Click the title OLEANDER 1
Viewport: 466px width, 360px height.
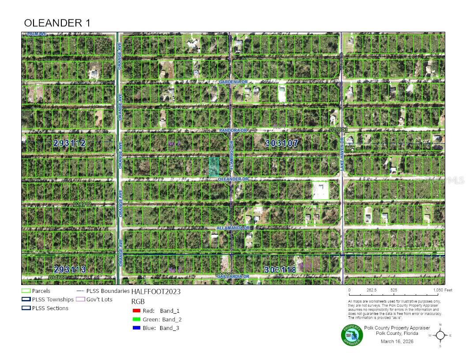pyautogui.click(x=57, y=23)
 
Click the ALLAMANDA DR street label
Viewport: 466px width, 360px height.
pyautogui.click(x=233, y=228)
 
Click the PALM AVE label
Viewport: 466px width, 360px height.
pyautogui.click(x=37, y=34)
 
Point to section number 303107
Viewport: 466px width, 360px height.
pyautogui.click(x=282, y=143)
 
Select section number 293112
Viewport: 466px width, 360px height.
pyautogui.click(x=69, y=143)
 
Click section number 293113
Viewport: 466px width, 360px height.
pyautogui.click(x=69, y=269)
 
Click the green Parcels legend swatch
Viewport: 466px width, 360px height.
pyautogui.click(x=26, y=291)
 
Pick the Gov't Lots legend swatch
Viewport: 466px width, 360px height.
pyautogui.click(x=80, y=300)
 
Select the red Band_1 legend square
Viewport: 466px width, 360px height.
pyautogui.click(x=136, y=311)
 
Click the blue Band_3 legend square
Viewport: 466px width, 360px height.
pyautogui.click(x=136, y=328)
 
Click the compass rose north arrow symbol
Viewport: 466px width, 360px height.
pyautogui.click(x=440, y=335)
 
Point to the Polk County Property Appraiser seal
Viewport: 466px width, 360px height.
pyautogui.click(x=352, y=335)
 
